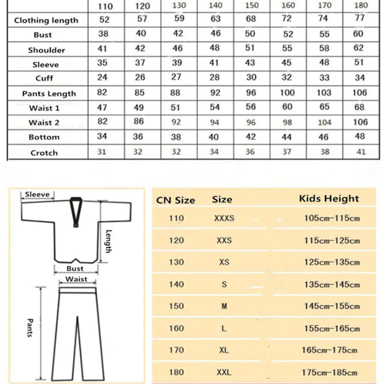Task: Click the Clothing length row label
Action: (x=46, y=20)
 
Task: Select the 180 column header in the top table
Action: (x=360, y=5)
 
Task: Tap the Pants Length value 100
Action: (x=287, y=93)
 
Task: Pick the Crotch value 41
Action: (x=360, y=152)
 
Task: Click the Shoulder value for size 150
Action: (x=250, y=48)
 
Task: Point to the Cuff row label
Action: (x=44, y=78)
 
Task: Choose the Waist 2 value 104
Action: (x=324, y=122)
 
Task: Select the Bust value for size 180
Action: (x=358, y=34)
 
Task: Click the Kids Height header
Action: (x=329, y=199)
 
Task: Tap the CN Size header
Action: (x=175, y=200)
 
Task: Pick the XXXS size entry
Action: (x=224, y=218)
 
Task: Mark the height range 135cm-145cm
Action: (x=332, y=285)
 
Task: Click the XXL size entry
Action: (x=224, y=372)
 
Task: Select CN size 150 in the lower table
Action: (x=176, y=306)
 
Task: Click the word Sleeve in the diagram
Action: (x=37, y=194)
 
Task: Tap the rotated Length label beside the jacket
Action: (x=108, y=241)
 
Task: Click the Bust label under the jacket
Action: (x=75, y=268)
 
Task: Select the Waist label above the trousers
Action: (x=76, y=279)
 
